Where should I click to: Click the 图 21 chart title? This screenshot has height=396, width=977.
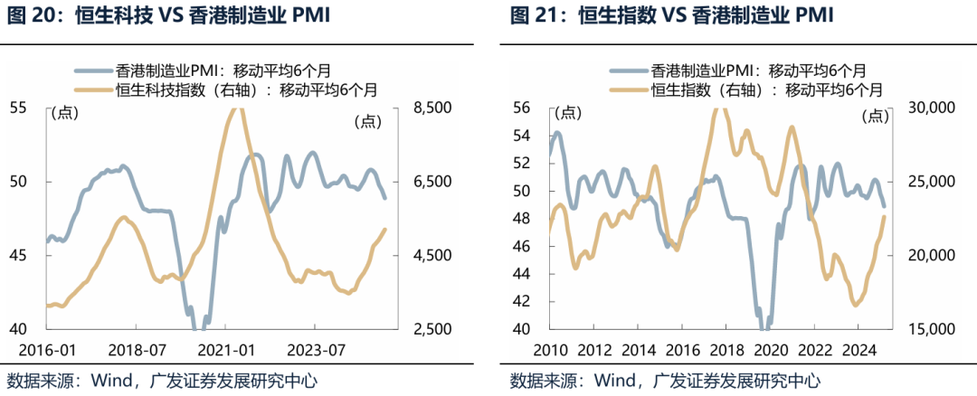coord(671,15)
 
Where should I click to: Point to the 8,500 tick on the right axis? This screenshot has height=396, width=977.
coord(432,108)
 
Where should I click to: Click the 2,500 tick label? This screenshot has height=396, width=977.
coord(432,330)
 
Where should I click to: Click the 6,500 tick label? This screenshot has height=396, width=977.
coord(432,182)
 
